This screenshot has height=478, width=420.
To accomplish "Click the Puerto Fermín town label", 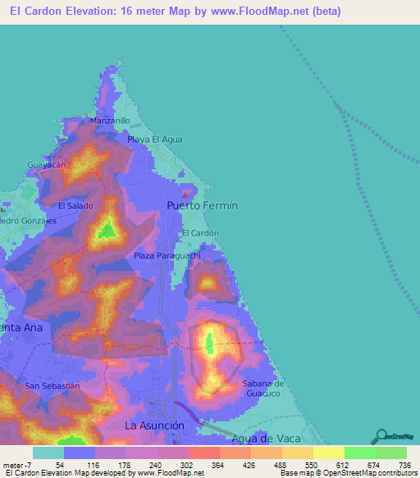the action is pos(202,205).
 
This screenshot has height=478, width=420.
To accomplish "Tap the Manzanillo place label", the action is pos(112,121).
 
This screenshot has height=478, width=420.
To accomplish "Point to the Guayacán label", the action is pos(47,165).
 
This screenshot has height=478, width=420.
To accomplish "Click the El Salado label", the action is pos(75,205).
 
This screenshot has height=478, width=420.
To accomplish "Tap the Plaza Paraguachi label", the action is pos(167,256).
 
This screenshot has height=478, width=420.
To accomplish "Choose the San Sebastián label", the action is pos(52,386).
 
